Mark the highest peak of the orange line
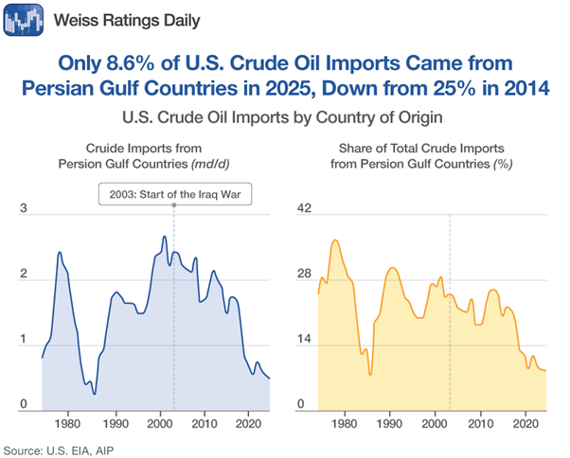click(335, 240)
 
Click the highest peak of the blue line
click(164, 237)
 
